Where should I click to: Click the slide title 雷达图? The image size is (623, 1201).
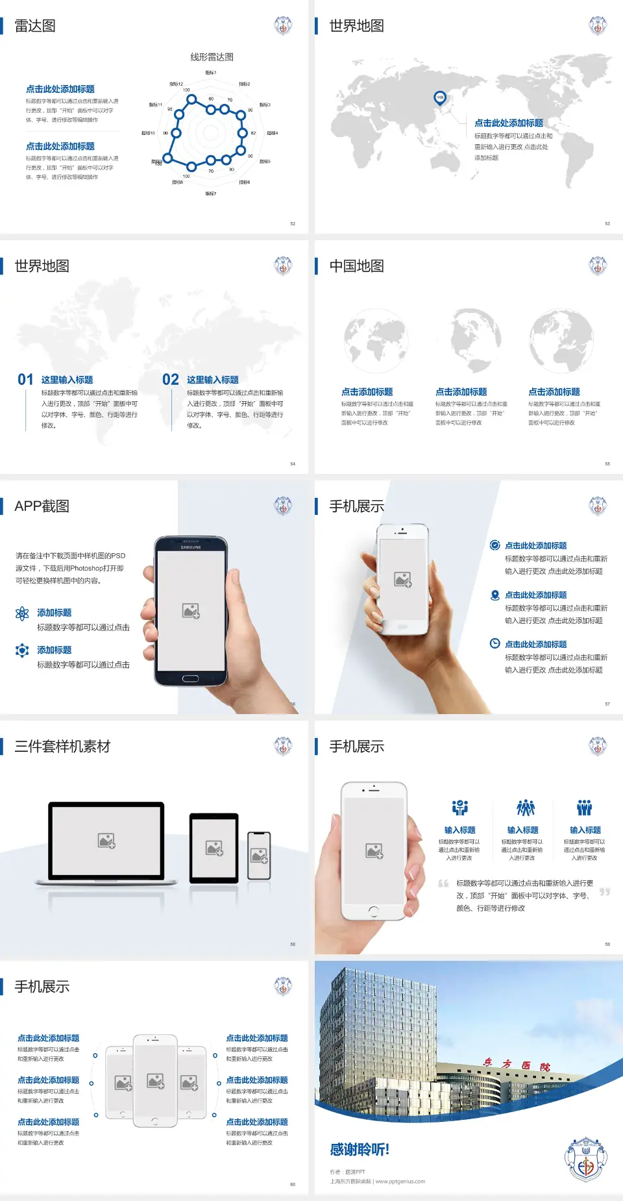[35, 26]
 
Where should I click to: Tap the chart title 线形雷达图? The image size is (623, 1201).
[212, 57]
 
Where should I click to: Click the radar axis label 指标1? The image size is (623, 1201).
[210, 73]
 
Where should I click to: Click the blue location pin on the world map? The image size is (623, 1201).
[439, 98]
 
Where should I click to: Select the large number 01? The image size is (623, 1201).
[25, 380]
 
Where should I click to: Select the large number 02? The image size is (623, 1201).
[171, 380]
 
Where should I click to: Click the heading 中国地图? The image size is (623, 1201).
[356, 266]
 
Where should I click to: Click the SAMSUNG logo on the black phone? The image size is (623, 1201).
[190, 547]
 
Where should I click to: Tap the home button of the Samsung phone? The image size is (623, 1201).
[190, 678]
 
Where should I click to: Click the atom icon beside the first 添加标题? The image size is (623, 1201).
[22, 613]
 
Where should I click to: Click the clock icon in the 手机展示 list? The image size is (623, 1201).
[495, 643]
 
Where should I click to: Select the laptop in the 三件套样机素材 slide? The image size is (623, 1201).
[106, 843]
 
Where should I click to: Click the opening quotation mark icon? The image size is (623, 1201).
[443, 884]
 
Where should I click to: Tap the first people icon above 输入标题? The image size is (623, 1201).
[459, 808]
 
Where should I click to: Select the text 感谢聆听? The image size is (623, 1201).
[359, 1150]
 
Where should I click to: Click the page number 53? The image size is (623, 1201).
[607, 223]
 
